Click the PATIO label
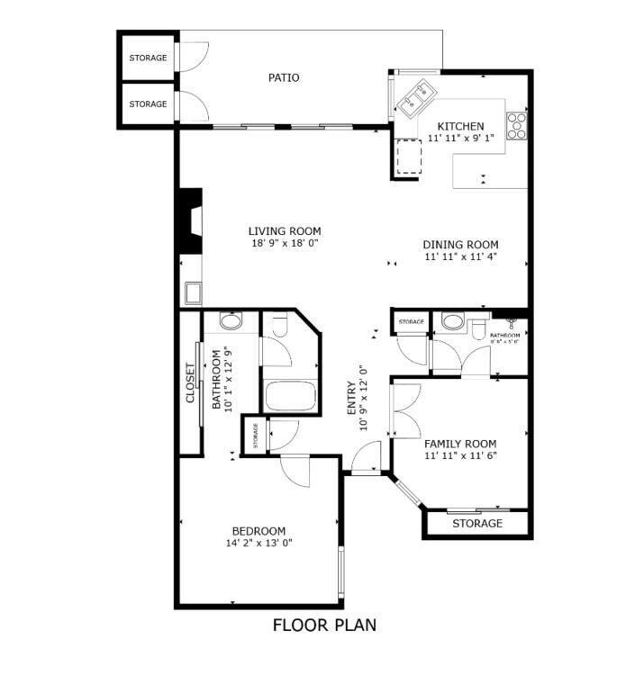(x=284, y=77)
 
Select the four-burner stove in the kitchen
(x=517, y=125)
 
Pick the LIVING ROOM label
(x=285, y=231)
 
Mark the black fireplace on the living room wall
(x=190, y=220)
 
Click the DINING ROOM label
(x=460, y=245)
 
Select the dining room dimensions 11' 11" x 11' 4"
(x=460, y=257)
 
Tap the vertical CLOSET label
(x=190, y=382)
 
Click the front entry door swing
(x=365, y=461)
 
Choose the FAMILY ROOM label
(x=460, y=444)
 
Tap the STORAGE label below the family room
(x=476, y=524)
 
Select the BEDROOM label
(x=259, y=531)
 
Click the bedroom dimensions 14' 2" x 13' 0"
(x=259, y=543)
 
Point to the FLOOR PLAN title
(x=323, y=625)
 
